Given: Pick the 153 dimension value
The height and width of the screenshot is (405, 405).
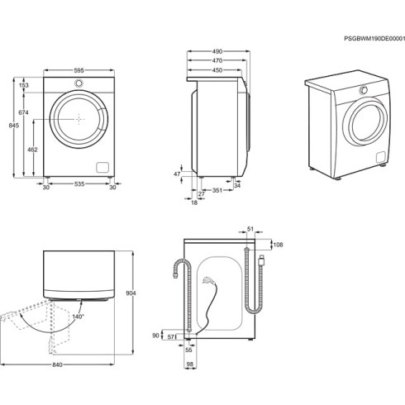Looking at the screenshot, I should coord(24,85).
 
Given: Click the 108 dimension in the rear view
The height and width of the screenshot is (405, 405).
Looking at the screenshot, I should coord(278,245).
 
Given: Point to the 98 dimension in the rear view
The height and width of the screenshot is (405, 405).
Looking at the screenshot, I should coord(190,364).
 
